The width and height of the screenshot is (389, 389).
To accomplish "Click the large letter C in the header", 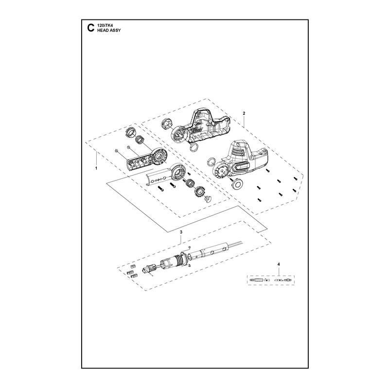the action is click(x=91, y=28).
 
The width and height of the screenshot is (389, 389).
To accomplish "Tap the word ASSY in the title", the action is click(x=115, y=30).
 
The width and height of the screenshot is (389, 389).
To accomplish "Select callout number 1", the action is click(x=96, y=168).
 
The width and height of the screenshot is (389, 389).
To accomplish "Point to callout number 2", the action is click(x=244, y=113).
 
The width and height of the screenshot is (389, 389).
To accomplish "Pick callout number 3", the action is click(x=181, y=232).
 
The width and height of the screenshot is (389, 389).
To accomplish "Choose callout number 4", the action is click(x=278, y=264).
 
